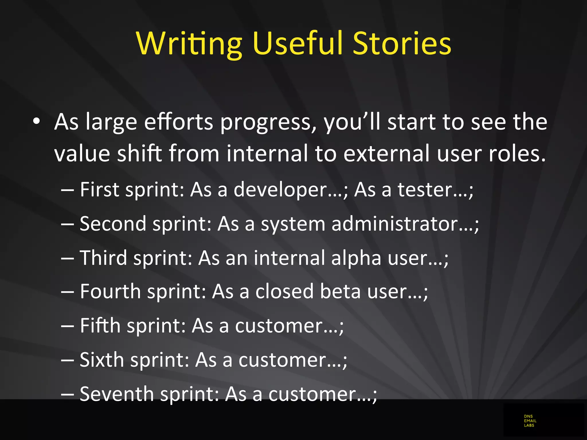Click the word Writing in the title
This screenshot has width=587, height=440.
point(189,44)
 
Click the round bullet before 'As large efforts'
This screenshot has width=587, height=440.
point(36,121)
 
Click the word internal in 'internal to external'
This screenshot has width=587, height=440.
point(267,153)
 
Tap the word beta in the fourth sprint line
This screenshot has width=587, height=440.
point(340,291)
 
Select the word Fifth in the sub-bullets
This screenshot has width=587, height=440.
point(100,325)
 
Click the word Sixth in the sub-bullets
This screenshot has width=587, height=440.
point(102,360)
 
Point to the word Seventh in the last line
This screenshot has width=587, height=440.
point(117,394)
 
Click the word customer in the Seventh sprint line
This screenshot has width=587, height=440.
point(312,394)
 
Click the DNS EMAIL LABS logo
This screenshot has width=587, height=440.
point(530,421)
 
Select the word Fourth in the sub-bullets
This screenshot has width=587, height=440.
point(110,291)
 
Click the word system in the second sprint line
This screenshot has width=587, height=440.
point(293,224)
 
